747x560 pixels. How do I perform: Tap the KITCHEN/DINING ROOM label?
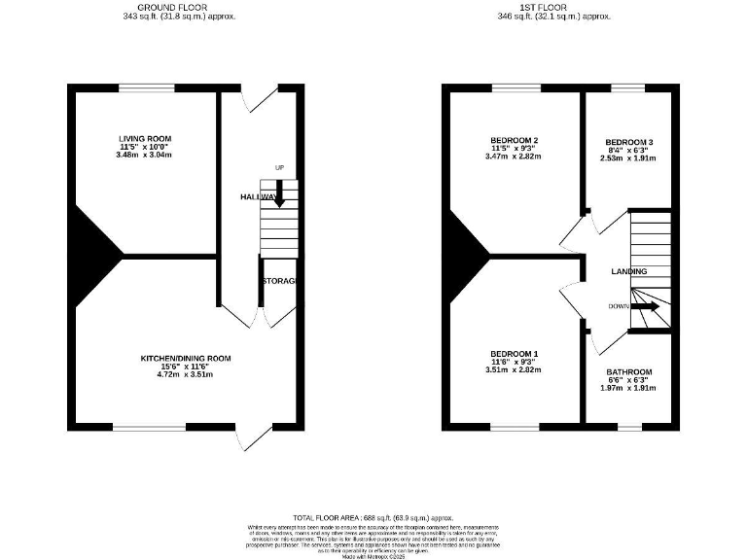[x=185, y=358]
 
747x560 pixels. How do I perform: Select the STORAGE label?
[x=278, y=281]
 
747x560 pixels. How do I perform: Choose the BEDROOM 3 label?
[x=622, y=142]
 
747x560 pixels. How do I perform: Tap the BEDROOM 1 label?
[x=515, y=353]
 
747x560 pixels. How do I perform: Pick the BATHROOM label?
[x=629, y=371]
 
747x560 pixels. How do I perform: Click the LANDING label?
[x=628, y=271]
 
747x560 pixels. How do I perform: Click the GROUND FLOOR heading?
[x=179, y=9]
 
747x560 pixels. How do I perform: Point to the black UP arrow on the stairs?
[x=279, y=194]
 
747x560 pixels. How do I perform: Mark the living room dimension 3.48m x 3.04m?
[x=144, y=156]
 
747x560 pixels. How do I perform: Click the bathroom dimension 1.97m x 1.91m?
[x=629, y=388]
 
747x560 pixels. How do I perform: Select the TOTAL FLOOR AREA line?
[x=373, y=518]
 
